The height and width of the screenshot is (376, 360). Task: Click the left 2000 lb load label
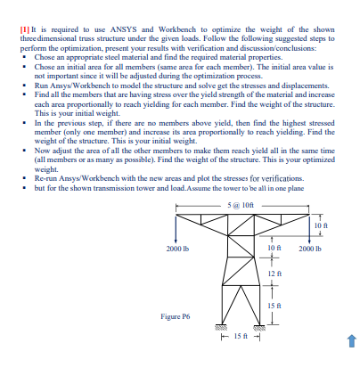click(176, 247)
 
